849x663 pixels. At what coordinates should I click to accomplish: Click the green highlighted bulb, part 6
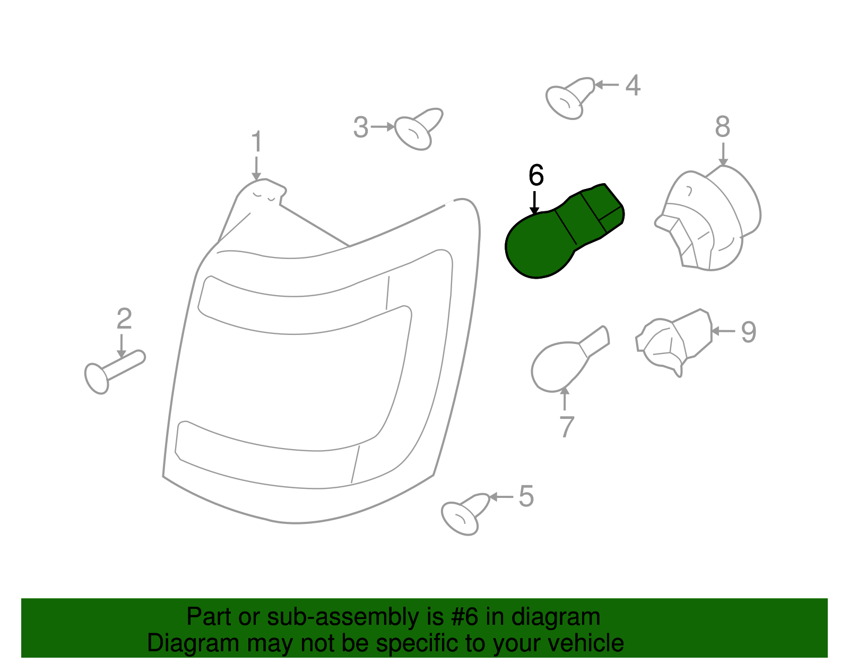(557, 234)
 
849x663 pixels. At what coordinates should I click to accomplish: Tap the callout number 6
(536, 175)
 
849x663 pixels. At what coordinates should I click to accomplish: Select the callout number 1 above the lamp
(256, 142)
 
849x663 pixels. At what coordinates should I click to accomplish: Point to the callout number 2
(124, 318)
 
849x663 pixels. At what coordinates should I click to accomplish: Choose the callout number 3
(361, 128)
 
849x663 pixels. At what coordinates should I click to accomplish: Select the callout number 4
(633, 85)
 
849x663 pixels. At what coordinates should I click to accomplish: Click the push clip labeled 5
(464, 513)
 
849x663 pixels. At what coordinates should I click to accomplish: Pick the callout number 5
(525, 496)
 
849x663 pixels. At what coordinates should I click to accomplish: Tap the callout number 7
(567, 427)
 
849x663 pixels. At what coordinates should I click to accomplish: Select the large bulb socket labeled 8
(708, 220)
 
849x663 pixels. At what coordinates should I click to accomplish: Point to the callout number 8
(722, 127)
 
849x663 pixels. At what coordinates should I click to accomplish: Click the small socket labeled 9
(674, 341)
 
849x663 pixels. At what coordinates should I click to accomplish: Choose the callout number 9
(748, 332)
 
